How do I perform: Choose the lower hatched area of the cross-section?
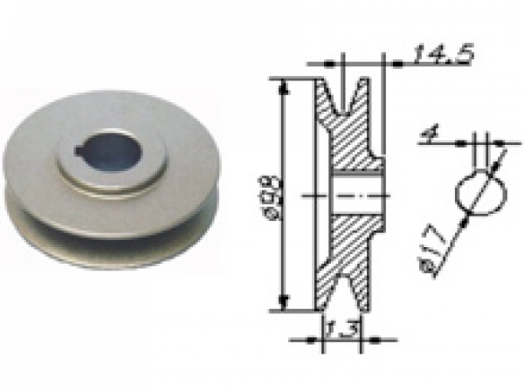[x=348, y=249]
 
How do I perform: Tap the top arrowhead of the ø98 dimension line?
[x=283, y=84]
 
